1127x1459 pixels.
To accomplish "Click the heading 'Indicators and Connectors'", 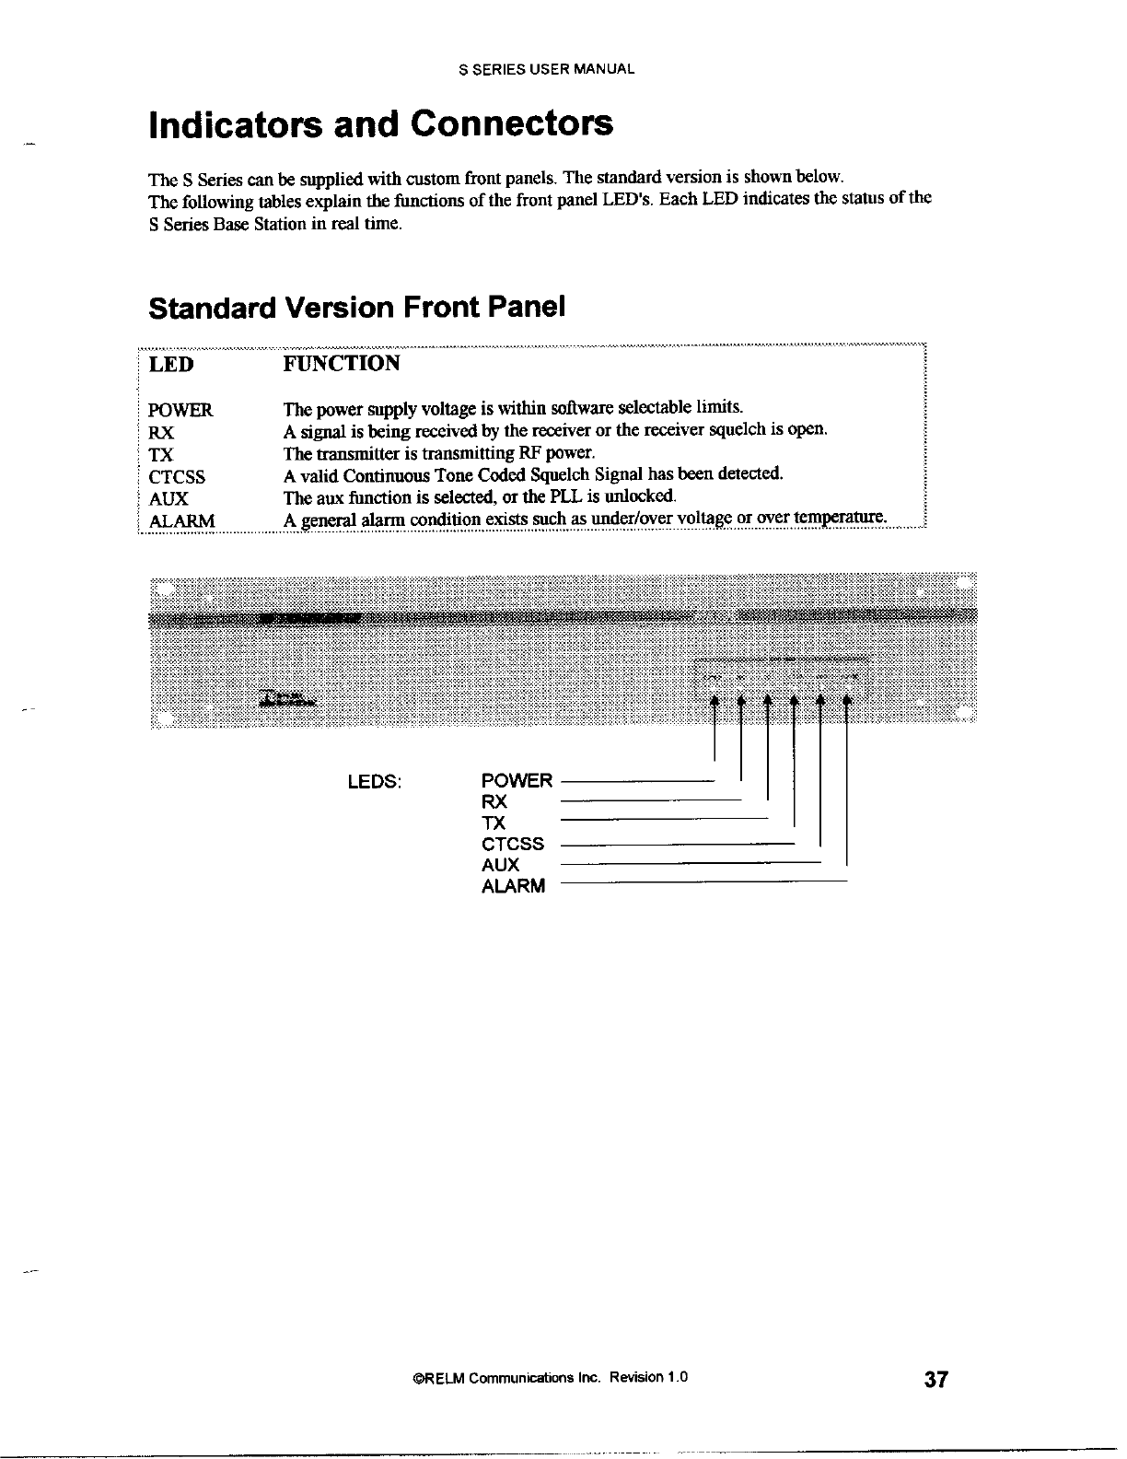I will click(x=380, y=124).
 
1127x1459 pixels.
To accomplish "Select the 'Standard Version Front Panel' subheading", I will click(x=355, y=307).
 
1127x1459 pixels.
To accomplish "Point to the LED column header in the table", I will click(x=171, y=364).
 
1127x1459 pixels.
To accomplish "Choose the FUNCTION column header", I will click(x=342, y=364).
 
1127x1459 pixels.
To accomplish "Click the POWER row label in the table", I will click(x=180, y=410).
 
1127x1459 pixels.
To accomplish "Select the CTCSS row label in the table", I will click(x=177, y=477).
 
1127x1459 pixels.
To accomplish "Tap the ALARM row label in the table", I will click(x=182, y=521).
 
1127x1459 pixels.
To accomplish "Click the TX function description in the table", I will click(x=440, y=453).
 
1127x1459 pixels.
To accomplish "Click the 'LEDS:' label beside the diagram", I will click(x=373, y=782).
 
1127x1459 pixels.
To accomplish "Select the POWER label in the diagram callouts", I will click(x=517, y=781).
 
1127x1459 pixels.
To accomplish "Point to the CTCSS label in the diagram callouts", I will click(x=513, y=845).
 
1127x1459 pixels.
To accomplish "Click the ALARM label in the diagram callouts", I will click(x=513, y=887).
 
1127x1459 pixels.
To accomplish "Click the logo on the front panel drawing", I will click(x=285, y=700).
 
